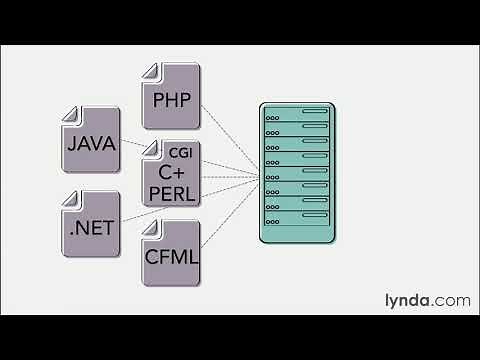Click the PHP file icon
point(173,96)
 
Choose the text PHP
point(173,101)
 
